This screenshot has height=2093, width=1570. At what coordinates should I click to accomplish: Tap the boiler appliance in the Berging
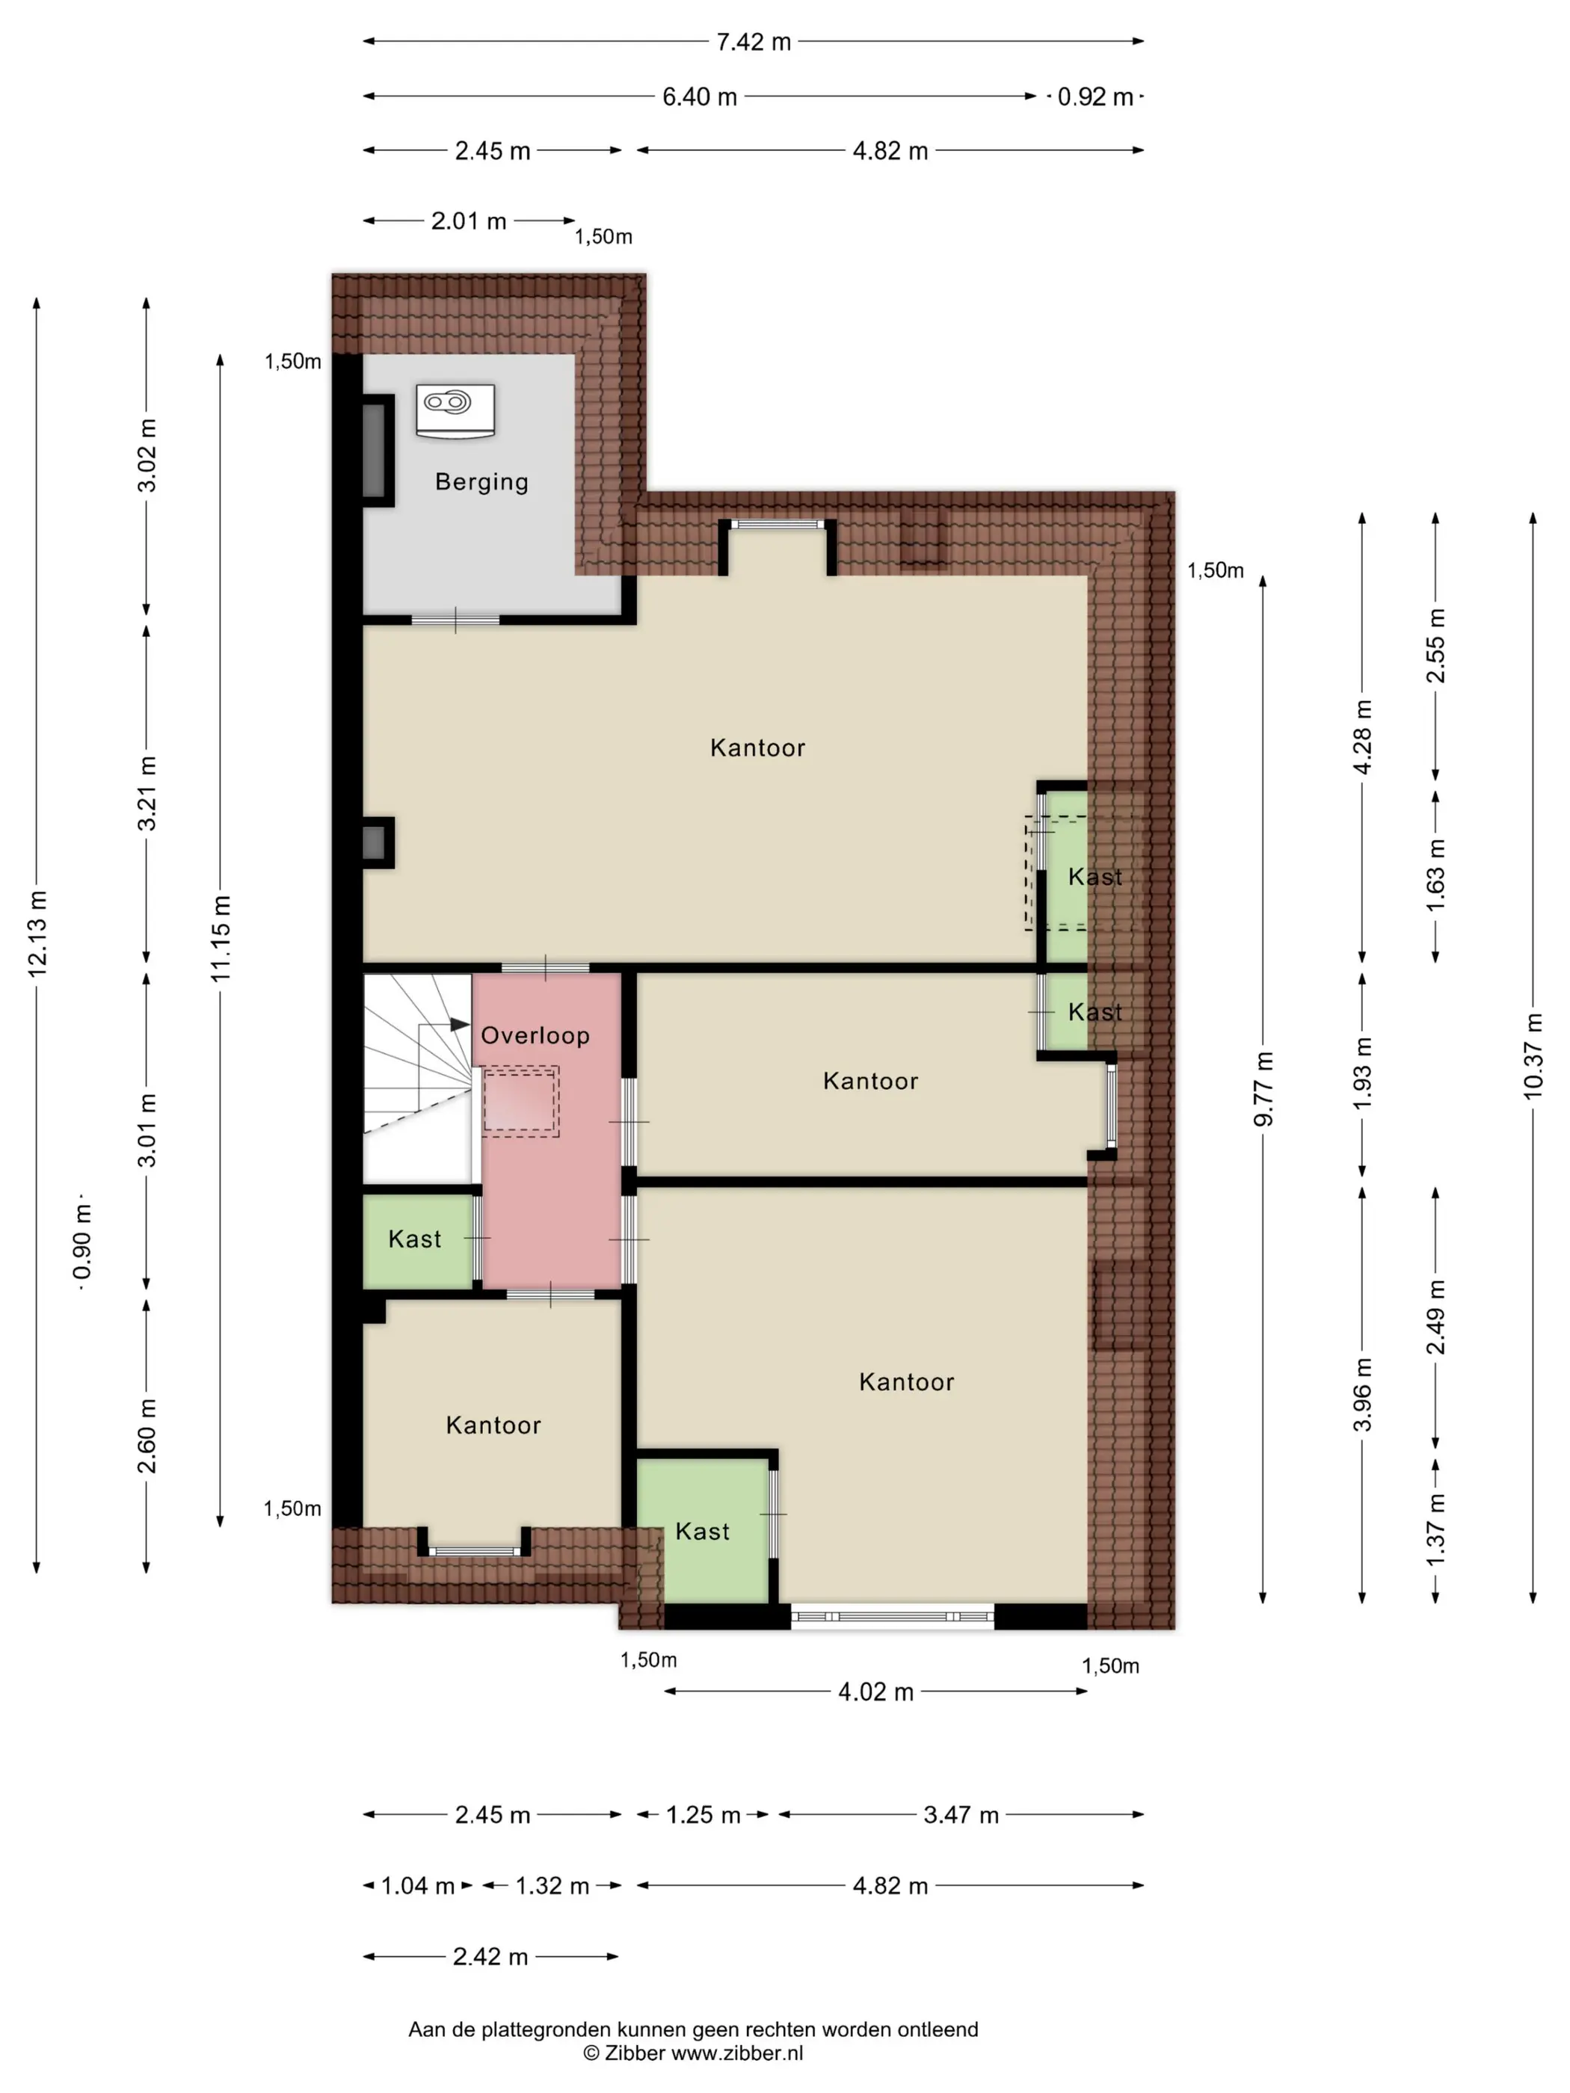[455, 410]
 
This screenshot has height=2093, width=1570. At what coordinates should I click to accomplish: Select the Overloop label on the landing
[535, 1035]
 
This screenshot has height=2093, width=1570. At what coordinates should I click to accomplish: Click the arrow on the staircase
[445, 1025]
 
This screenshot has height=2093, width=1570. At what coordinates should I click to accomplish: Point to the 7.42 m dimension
[754, 42]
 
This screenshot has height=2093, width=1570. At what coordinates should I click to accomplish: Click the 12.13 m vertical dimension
[37, 933]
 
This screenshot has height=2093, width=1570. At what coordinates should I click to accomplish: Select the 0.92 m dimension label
[1095, 96]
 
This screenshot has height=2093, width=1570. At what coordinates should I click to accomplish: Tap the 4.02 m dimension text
[875, 1692]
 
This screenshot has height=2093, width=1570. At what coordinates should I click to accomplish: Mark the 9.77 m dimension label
[1263, 1089]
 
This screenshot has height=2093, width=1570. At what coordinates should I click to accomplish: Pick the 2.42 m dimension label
[490, 1957]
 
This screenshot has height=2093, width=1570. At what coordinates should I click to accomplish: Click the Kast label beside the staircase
[414, 1239]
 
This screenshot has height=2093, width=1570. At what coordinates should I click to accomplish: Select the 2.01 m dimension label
[469, 221]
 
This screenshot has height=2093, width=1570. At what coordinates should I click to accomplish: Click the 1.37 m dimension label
[1435, 1529]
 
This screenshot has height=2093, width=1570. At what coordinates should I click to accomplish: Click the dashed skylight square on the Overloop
[520, 1101]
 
